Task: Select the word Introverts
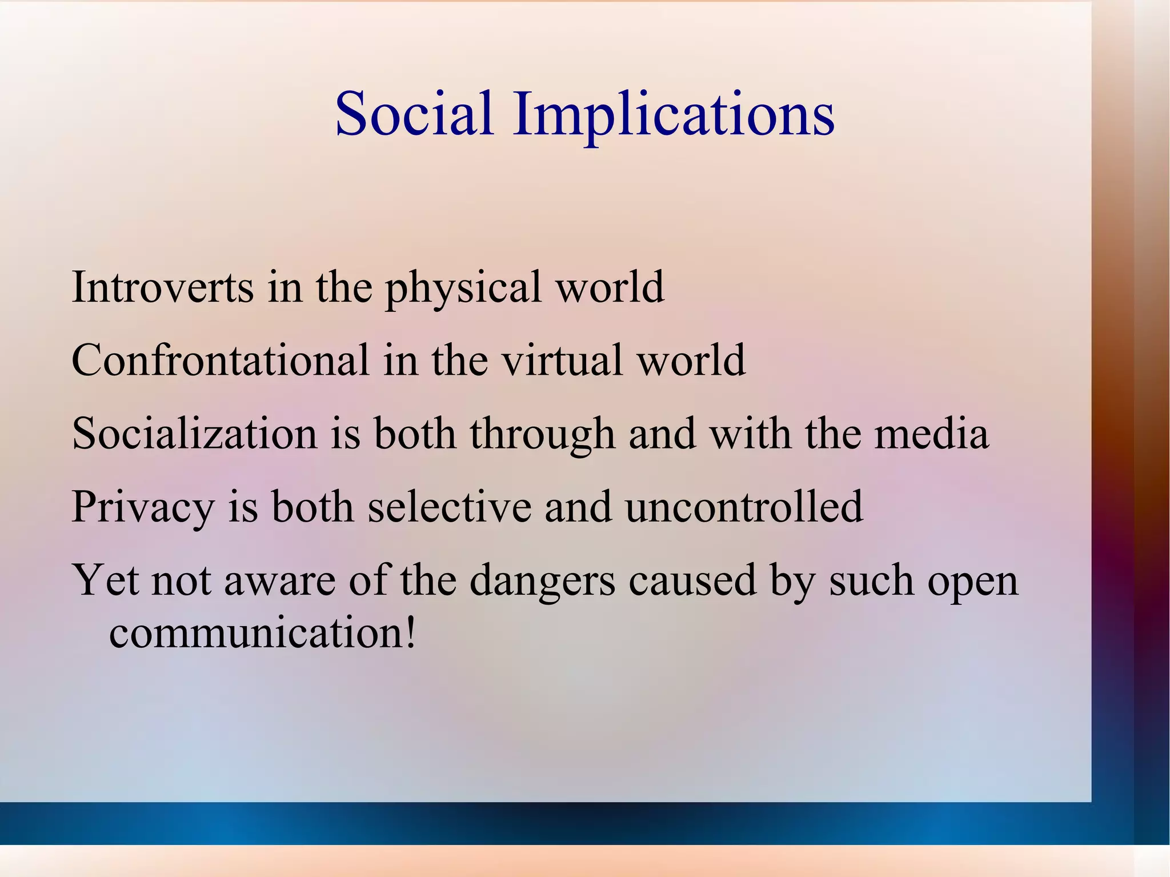tap(162, 287)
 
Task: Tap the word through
tap(542, 434)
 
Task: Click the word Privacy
tap(142, 507)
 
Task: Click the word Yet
tap(106, 580)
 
